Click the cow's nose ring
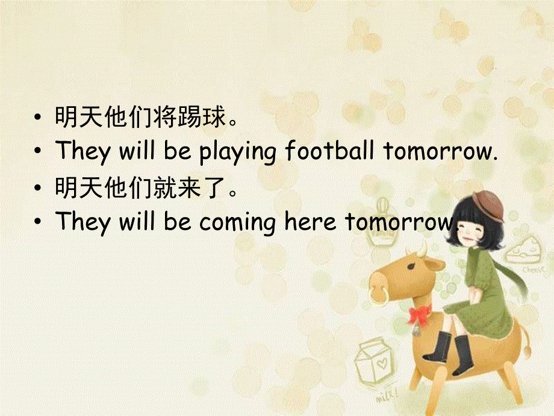click(380, 295)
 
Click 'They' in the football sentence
click(82, 151)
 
